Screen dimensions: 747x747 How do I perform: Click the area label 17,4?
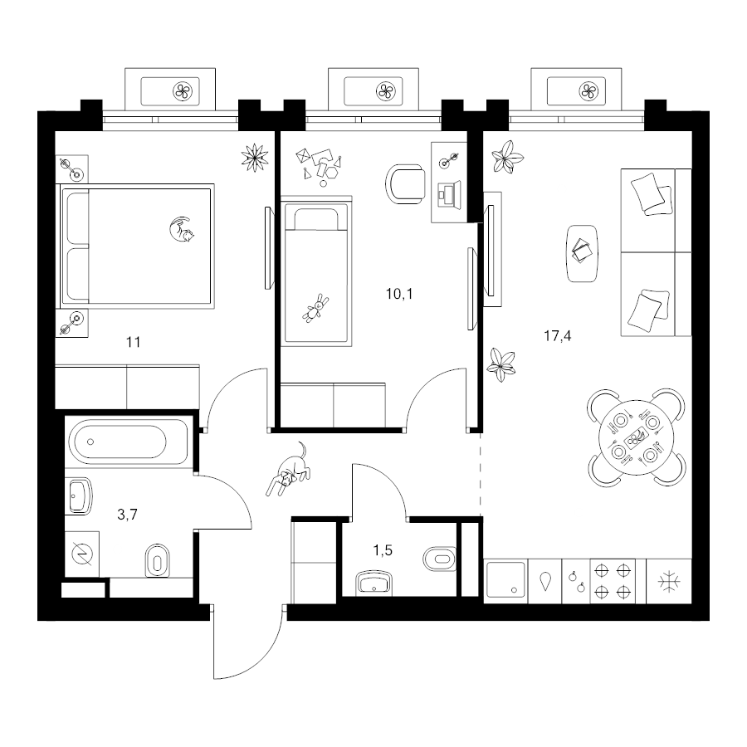tap(558, 336)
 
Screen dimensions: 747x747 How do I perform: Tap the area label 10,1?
tap(399, 294)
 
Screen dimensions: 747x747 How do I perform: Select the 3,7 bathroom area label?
tap(127, 515)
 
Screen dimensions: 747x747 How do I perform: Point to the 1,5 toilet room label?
tap(383, 551)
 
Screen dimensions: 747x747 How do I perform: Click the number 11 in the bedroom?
tap(134, 342)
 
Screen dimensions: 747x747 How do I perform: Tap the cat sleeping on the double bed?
tap(182, 230)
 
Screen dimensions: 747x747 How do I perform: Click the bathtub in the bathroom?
tap(128, 442)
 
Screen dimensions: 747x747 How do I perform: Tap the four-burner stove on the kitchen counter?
tap(613, 581)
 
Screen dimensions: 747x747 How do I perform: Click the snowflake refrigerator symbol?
tap(669, 581)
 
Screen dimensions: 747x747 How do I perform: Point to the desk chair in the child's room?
tap(405, 184)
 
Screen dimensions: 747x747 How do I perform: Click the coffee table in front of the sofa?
tap(582, 253)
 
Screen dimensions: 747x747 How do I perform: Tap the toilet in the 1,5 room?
tap(439, 558)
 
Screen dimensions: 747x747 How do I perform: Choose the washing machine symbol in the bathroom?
tap(82, 554)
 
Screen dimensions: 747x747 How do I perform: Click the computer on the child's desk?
tap(449, 194)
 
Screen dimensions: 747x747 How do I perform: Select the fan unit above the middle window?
tap(373, 90)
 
